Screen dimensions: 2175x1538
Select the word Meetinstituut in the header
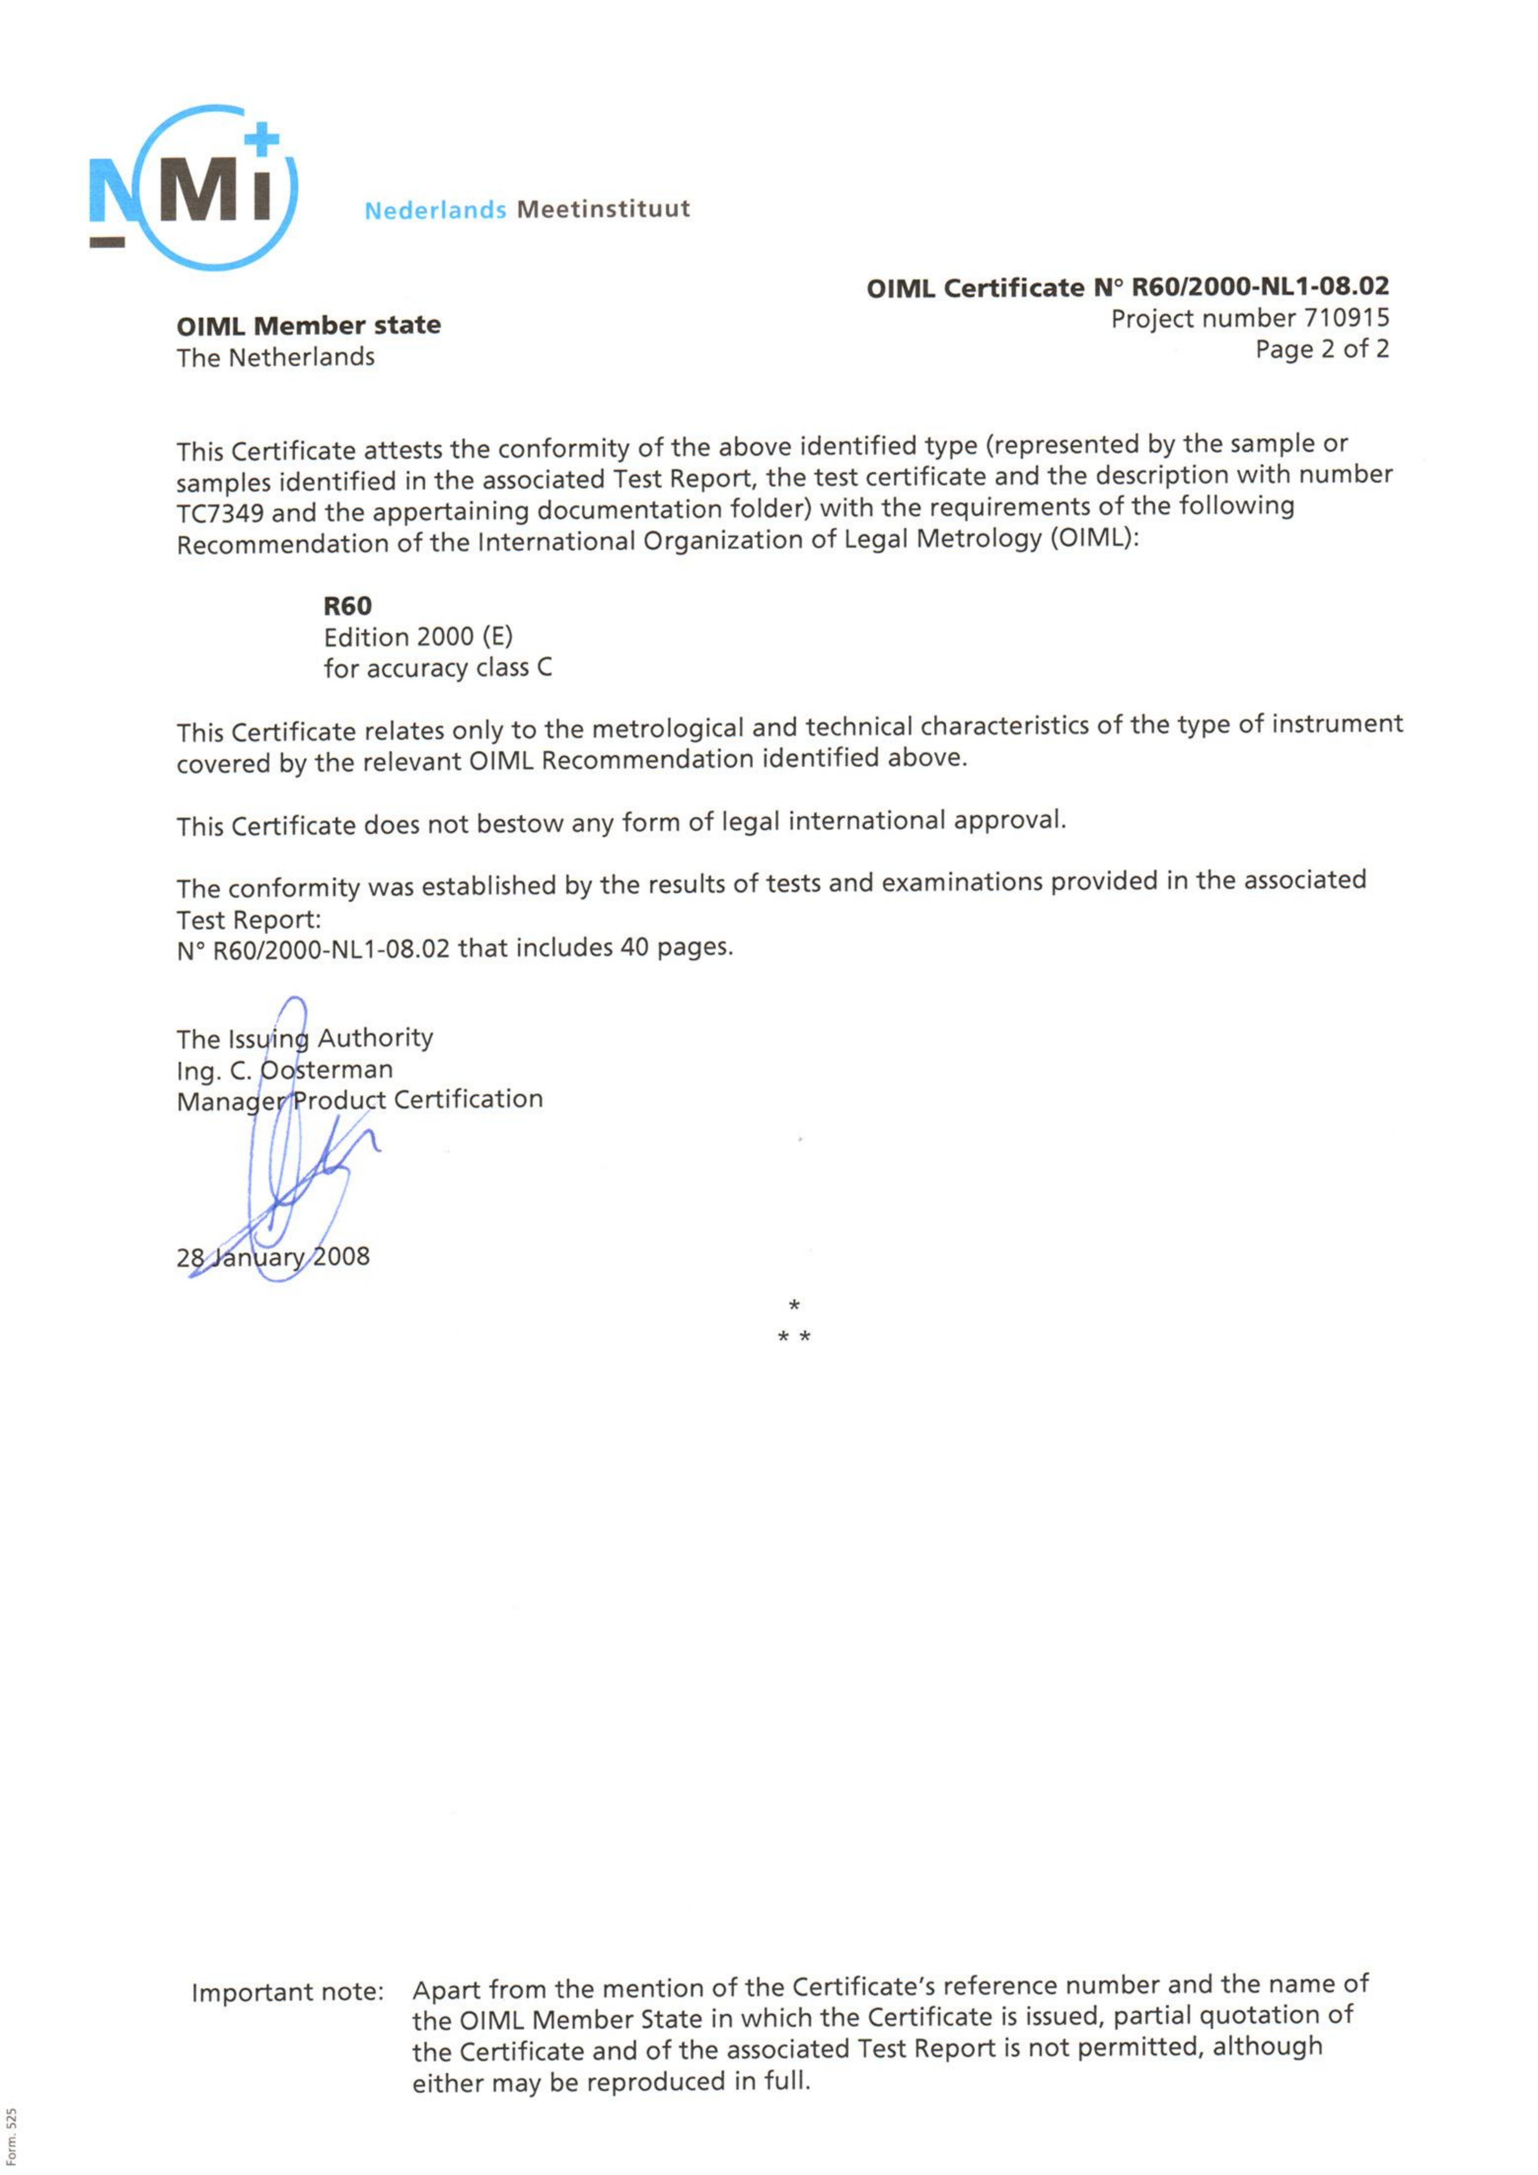tap(603, 209)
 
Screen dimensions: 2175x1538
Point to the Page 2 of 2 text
tap(1322, 350)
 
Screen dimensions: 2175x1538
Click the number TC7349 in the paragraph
tap(220, 513)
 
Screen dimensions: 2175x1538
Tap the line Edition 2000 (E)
tap(418, 637)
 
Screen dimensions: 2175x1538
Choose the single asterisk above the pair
tap(794, 1306)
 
